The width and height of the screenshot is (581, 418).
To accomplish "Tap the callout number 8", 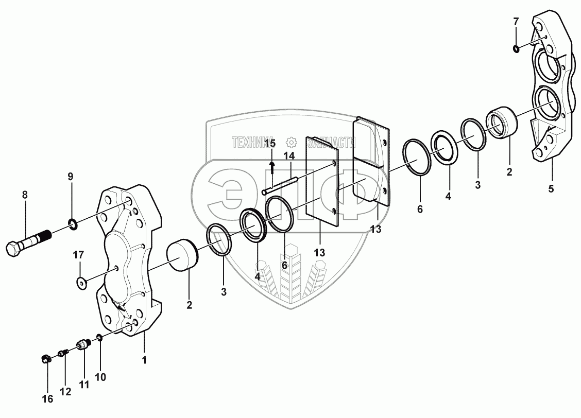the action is click(x=25, y=195).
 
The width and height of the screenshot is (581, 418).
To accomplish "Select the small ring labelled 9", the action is click(x=73, y=223).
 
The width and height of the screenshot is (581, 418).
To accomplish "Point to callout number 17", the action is click(x=78, y=254).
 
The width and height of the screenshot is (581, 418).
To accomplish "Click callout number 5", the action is click(x=551, y=189).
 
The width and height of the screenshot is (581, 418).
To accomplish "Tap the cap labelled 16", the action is click(x=46, y=358).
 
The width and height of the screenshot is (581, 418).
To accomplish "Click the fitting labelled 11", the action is click(x=83, y=343).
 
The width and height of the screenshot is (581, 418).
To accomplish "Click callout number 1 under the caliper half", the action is click(x=144, y=360).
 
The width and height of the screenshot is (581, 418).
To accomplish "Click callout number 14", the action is click(x=288, y=155).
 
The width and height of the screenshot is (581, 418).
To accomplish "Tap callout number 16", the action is click(x=47, y=399).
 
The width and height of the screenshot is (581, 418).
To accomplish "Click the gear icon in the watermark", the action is click(x=292, y=142).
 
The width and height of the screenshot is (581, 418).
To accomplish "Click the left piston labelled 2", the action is click(x=181, y=256).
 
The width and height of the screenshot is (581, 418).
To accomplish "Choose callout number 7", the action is click(x=516, y=22).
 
